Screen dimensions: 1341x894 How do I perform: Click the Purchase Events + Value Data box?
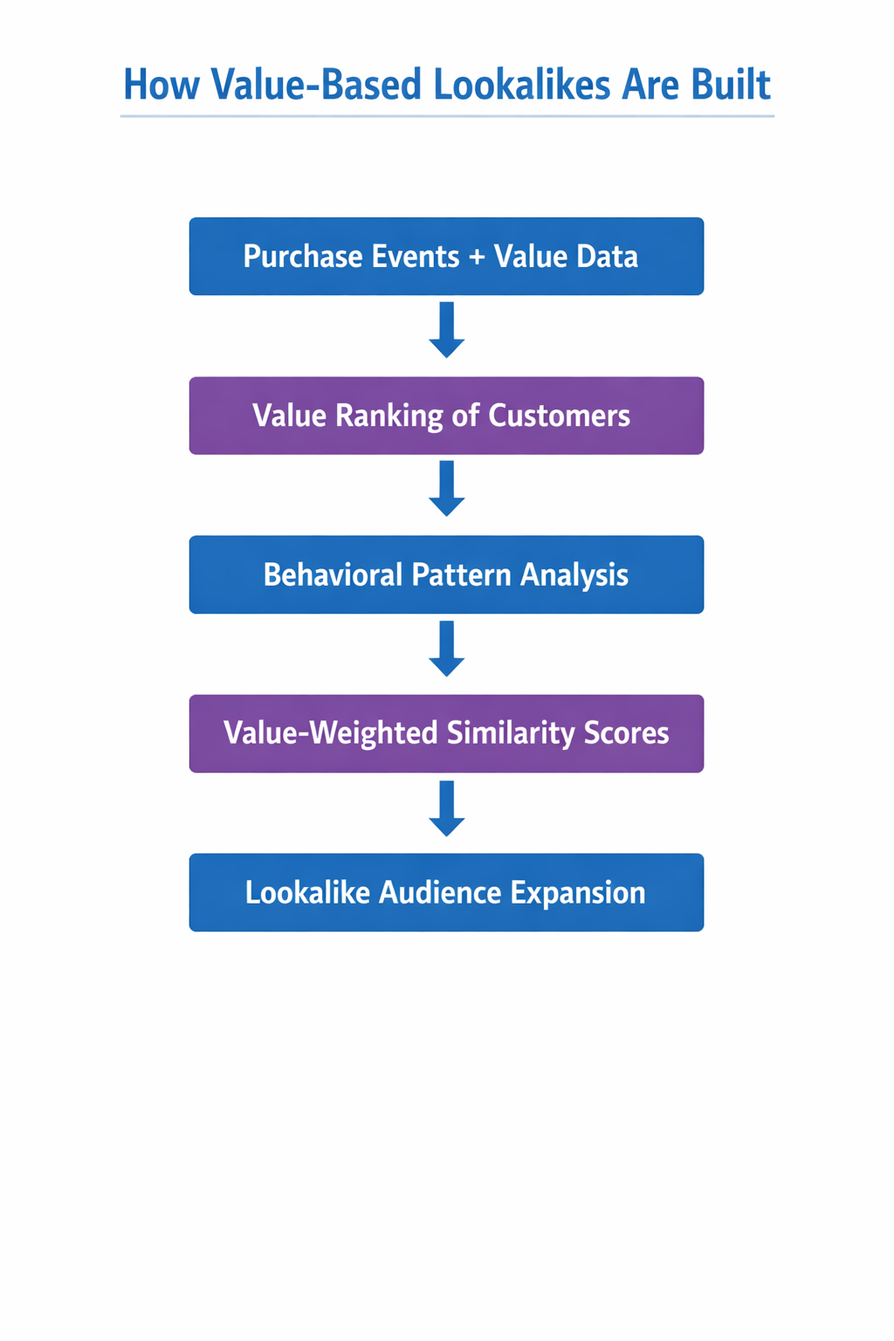click(446, 256)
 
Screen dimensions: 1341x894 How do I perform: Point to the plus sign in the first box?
click(477, 257)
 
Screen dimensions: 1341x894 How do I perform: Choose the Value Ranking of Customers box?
click(446, 416)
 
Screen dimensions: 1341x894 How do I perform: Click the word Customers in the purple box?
click(559, 416)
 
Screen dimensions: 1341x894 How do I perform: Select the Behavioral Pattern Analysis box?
click(446, 574)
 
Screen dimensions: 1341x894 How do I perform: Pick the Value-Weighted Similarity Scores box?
click(446, 733)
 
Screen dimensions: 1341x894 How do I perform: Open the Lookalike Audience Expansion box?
click(446, 892)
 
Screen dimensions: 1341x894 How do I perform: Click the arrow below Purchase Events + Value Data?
click(446, 330)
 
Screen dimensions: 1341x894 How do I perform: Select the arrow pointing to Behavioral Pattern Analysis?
click(446, 489)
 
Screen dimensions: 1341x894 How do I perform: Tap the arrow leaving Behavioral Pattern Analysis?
click(446, 649)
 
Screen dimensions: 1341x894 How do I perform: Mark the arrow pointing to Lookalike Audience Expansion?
click(446, 808)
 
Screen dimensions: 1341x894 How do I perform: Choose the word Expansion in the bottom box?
click(578, 892)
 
